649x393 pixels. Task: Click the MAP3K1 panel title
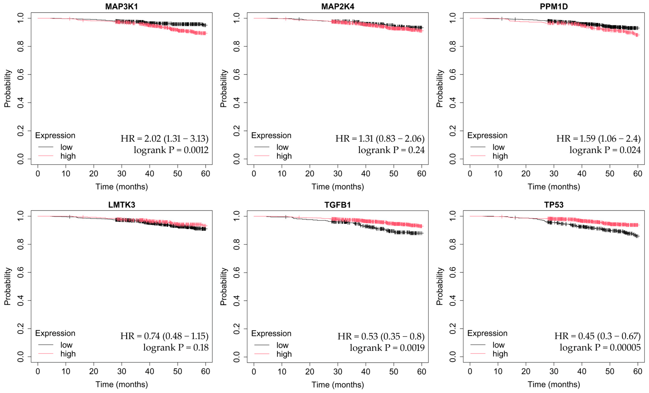[121, 6]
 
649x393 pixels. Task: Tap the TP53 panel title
[554, 204]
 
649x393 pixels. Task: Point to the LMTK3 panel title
[121, 204]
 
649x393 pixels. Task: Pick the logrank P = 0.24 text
[391, 150]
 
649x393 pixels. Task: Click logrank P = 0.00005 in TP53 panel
[600, 348]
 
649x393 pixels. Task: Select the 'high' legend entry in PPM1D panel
[500, 156]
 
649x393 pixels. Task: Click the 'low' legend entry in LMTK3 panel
[66, 345]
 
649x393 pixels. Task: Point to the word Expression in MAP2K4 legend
[271, 135]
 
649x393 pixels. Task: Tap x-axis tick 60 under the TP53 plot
[637, 371]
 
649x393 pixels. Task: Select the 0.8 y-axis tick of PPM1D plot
[452, 46]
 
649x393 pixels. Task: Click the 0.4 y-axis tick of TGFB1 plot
[236, 301]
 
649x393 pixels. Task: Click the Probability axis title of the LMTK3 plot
[7, 286]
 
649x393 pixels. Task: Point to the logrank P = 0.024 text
[605, 150]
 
